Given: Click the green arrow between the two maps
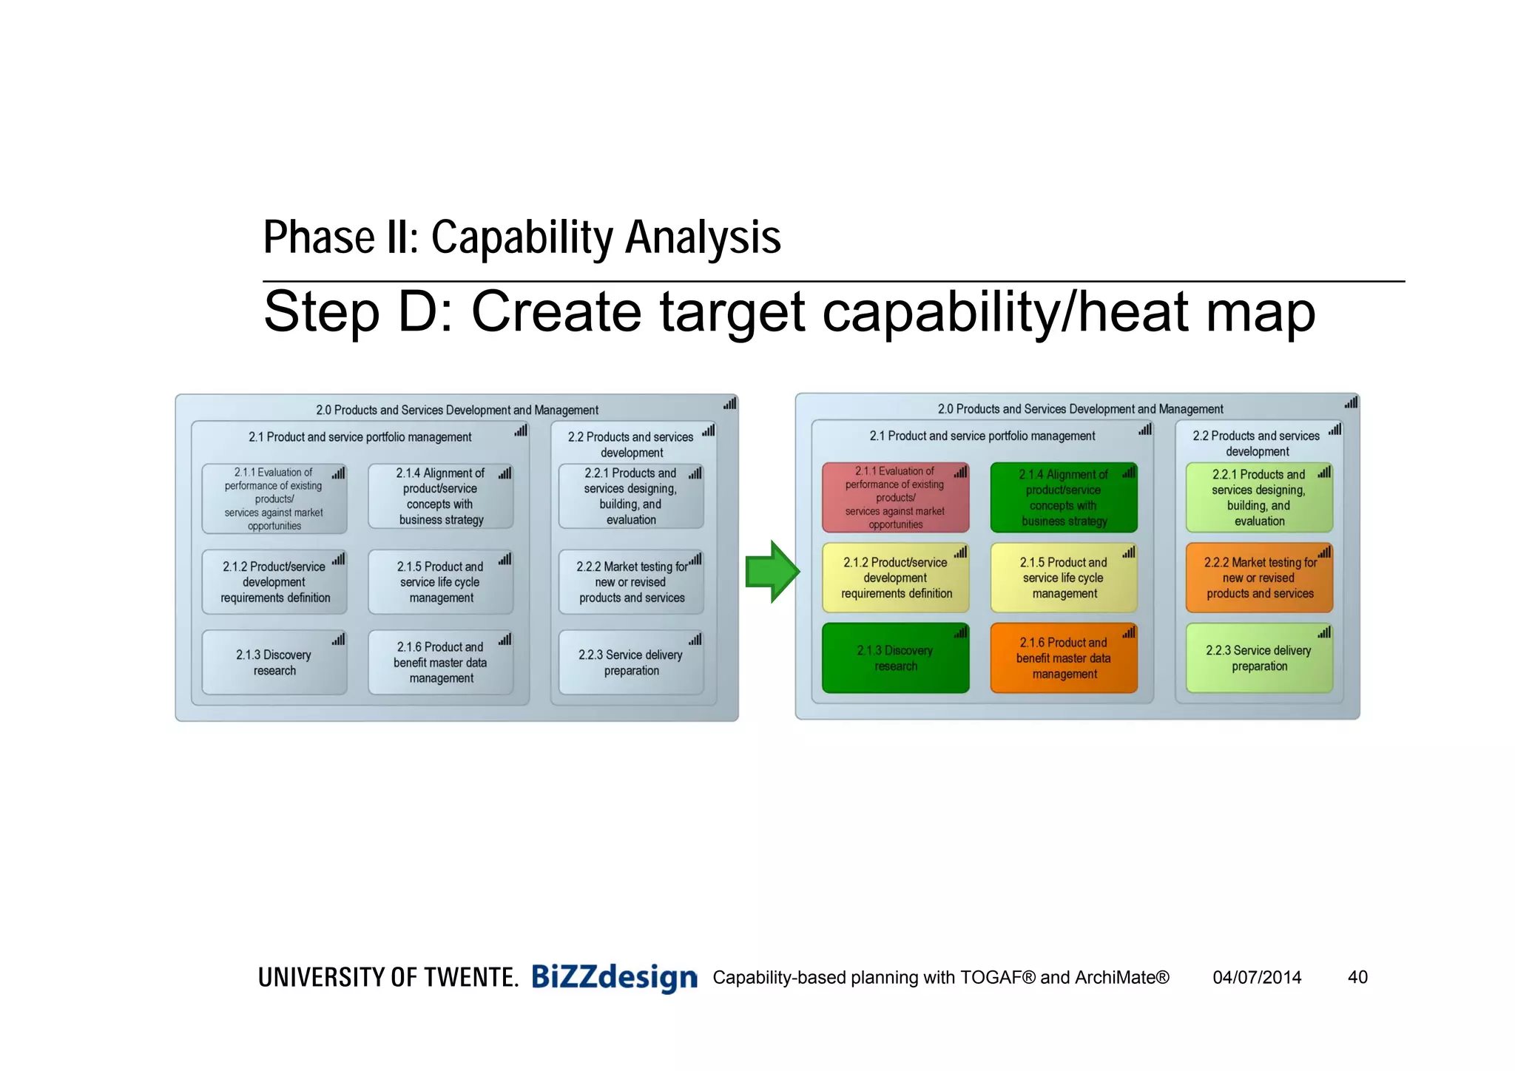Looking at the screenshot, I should click(x=772, y=572).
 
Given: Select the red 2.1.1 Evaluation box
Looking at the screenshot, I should click(x=895, y=498).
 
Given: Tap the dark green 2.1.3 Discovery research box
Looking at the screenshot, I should click(x=895, y=658).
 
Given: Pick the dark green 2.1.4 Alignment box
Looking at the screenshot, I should click(x=1063, y=498).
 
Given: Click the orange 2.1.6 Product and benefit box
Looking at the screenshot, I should click(x=1063, y=658).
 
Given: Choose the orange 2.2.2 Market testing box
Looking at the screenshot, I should click(x=1259, y=578).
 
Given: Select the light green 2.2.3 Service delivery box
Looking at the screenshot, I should click(x=1259, y=658).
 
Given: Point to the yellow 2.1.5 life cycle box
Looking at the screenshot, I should click(x=1063, y=578).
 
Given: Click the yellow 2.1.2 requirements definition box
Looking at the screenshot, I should click(x=895, y=578).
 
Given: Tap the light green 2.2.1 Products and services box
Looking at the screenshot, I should click(x=1259, y=498).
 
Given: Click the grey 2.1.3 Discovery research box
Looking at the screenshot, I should click(x=274, y=662).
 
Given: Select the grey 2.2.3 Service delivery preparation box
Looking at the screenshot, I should click(x=631, y=662).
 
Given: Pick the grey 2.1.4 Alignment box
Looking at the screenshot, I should click(x=441, y=496).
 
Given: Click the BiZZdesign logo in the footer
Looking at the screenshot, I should click(x=614, y=977).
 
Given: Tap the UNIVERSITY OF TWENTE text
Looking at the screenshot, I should click(x=388, y=978).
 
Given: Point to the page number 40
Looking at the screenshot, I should click(x=1357, y=977).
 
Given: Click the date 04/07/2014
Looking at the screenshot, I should click(x=1257, y=977).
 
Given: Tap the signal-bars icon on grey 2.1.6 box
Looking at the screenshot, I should click(x=505, y=639).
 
